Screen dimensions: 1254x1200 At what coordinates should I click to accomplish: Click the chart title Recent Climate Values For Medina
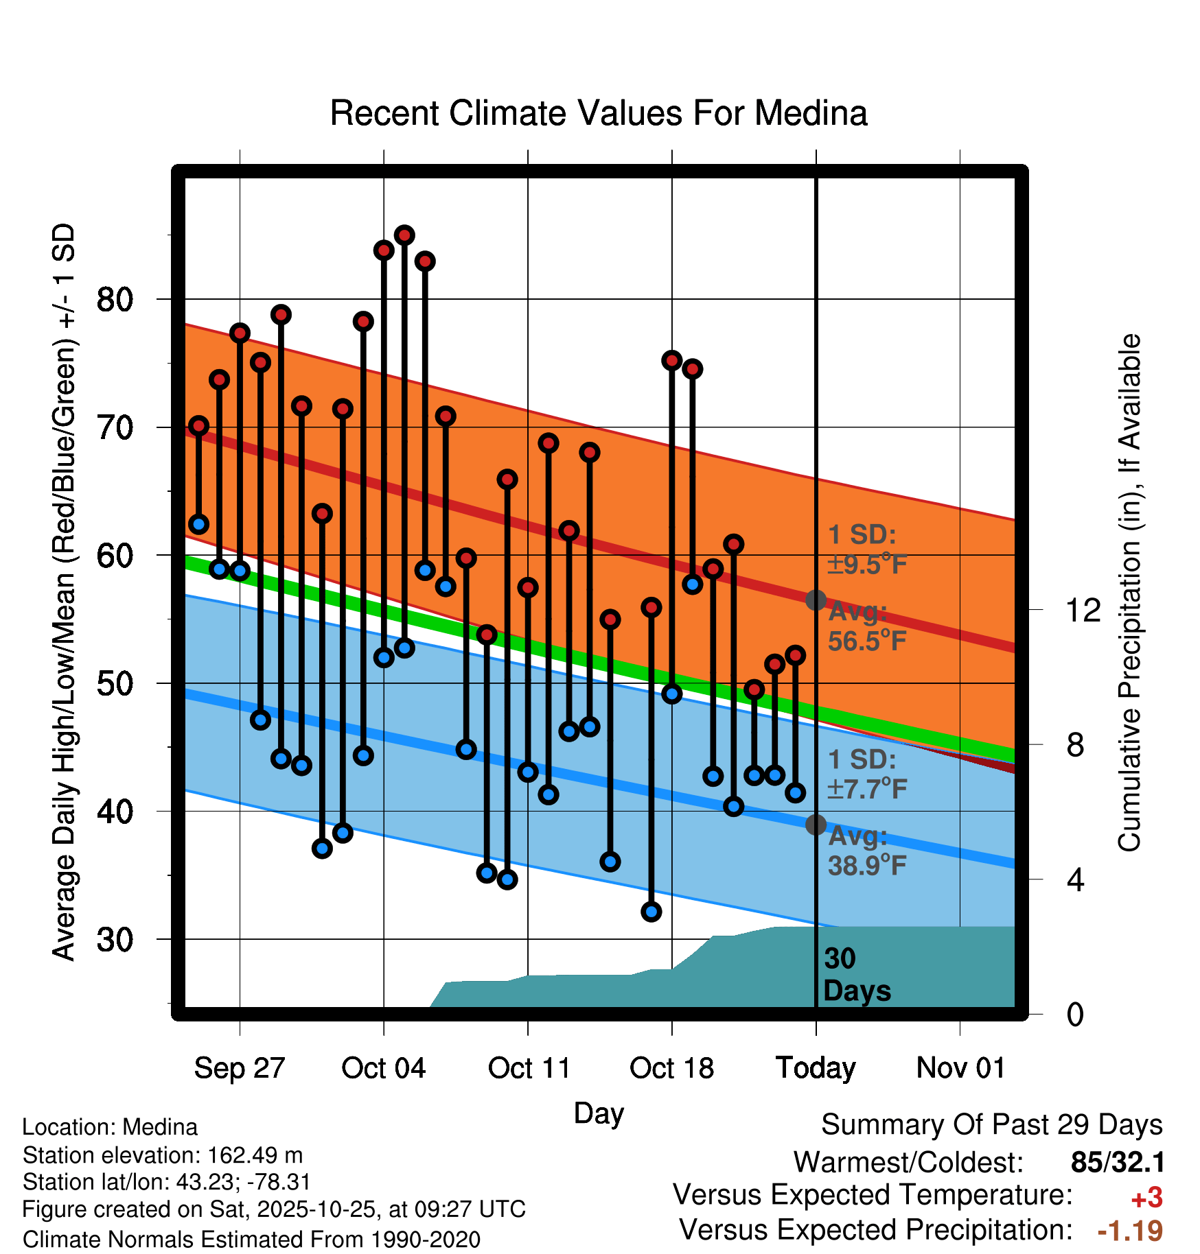coord(599,113)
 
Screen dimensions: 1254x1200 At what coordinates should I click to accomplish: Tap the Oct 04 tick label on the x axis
coord(383,1068)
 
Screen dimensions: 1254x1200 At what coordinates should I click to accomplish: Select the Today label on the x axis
coord(816,1068)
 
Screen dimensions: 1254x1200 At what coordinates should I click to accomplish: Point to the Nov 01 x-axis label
coord(960,1068)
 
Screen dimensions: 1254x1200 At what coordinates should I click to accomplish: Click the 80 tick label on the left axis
coord(115,300)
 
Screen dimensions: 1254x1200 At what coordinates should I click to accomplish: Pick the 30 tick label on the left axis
coord(115,940)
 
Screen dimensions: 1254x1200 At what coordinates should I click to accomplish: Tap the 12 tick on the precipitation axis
coord(1083,610)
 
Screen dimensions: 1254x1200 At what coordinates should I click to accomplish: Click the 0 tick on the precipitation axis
coord(1075,1015)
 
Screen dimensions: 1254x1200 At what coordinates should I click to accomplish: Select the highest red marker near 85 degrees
coord(404,235)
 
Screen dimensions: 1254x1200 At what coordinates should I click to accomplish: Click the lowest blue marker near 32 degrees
coord(651,912)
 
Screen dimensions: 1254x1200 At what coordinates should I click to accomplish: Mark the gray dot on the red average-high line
coord(816,600)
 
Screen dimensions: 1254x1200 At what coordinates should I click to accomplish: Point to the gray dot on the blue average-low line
coord(816,825)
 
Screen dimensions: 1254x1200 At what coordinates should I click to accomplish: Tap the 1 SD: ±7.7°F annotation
coord(866,774)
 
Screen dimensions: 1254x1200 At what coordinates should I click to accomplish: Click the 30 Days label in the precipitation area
coord(856,975)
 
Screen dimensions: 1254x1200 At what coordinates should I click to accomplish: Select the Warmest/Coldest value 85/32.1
coord(1118,1162)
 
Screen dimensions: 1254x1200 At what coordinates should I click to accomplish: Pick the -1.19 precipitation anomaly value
coord(1130,1231)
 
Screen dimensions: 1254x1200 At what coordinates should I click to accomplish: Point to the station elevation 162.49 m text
coord(163,1155)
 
